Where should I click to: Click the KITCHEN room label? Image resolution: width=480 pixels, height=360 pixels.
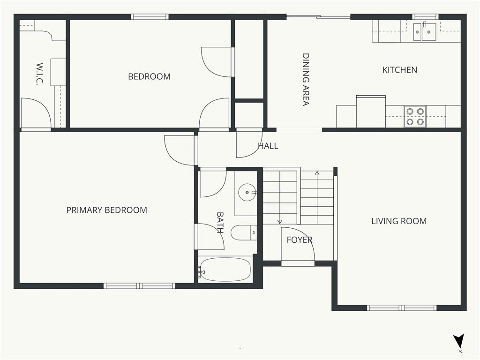pyautogui.click(x=399, y=70)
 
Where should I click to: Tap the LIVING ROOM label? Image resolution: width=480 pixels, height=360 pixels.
pyautogui.click(x=399, y=221)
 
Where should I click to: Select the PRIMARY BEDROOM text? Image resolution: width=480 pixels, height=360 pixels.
pyautogui.click(x=106, y=210)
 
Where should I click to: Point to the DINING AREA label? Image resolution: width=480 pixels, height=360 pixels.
pyautogui.click(x=306, y=80)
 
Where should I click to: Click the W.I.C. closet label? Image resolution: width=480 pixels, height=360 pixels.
pyautogui.click(x=39, y=74)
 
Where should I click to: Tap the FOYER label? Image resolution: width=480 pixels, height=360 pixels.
pyautogui.click(x=300, y=240)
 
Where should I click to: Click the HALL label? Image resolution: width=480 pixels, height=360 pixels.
pyautogui.click(x=268, y=146)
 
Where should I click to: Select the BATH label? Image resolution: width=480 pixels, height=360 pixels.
pyautogui.click(x=220, y=223)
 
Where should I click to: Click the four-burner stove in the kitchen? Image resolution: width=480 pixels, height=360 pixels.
pyautogui.click(x=415, y=117)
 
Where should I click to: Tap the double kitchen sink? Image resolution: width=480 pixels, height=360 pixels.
pyautogui.click(x=425, y=31)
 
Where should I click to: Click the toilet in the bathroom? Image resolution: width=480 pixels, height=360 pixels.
pyautogui.click(x=244, y=232)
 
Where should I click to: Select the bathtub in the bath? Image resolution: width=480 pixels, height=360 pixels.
pyautogui.click(x=225, y=270)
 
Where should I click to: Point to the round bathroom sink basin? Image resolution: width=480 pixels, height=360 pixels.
pyautogui.click(x=247, y=193)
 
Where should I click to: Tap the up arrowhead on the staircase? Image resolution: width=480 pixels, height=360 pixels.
pyautogui.click(x=317, y=173)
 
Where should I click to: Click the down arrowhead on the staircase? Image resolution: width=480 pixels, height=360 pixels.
pyautogui.click(x=279, y=222)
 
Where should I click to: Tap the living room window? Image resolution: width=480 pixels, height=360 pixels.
pyautogui.click(x=402, y=307)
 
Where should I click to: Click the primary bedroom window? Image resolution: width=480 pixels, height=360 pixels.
pyautogui.click(x=139, y=286)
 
